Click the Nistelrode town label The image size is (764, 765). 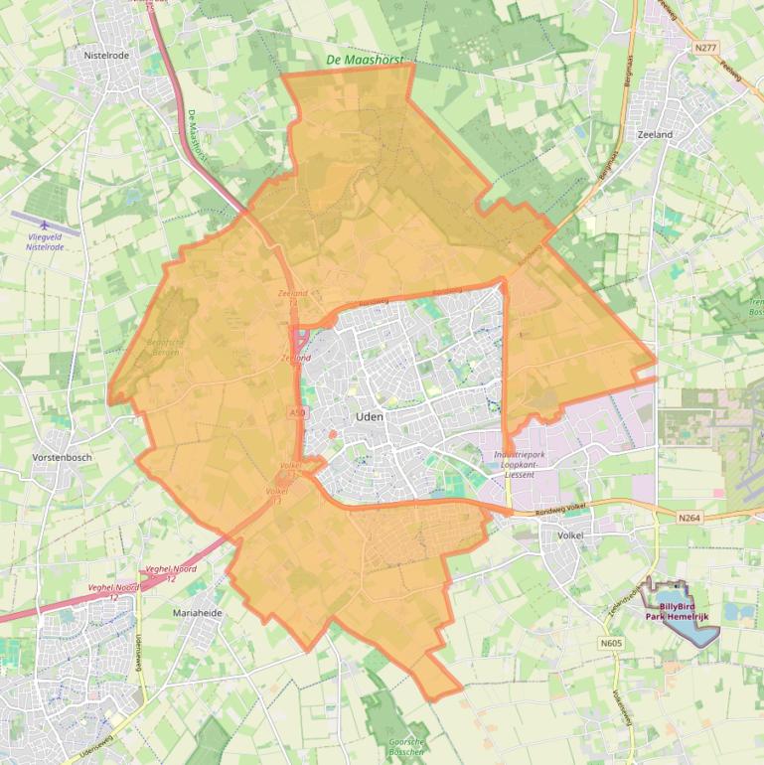click(x=106, y=56)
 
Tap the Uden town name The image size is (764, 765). click(x=370, y=417)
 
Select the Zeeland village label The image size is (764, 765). click(x=655, y=134)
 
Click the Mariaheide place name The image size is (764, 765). click(x=198, y=613)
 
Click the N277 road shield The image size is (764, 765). click(x=705, y=48)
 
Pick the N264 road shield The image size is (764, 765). click(x=689, y=517)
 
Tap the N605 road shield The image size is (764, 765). click(x=611, y=644)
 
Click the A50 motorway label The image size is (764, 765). click(x=299, y=411)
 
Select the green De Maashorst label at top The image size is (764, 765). click(x=366, y=61)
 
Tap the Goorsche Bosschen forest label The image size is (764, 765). click(x=406, y=746)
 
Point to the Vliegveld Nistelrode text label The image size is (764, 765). click(x=46, y=240)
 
